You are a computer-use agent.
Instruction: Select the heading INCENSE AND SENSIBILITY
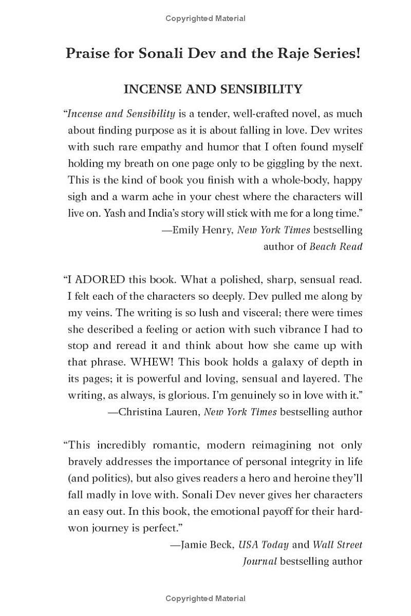213,89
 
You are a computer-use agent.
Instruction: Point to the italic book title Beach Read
336,246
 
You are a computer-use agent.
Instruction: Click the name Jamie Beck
206,545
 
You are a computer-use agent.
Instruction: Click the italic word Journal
260,562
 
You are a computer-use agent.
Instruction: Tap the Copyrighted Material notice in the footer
206,599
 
